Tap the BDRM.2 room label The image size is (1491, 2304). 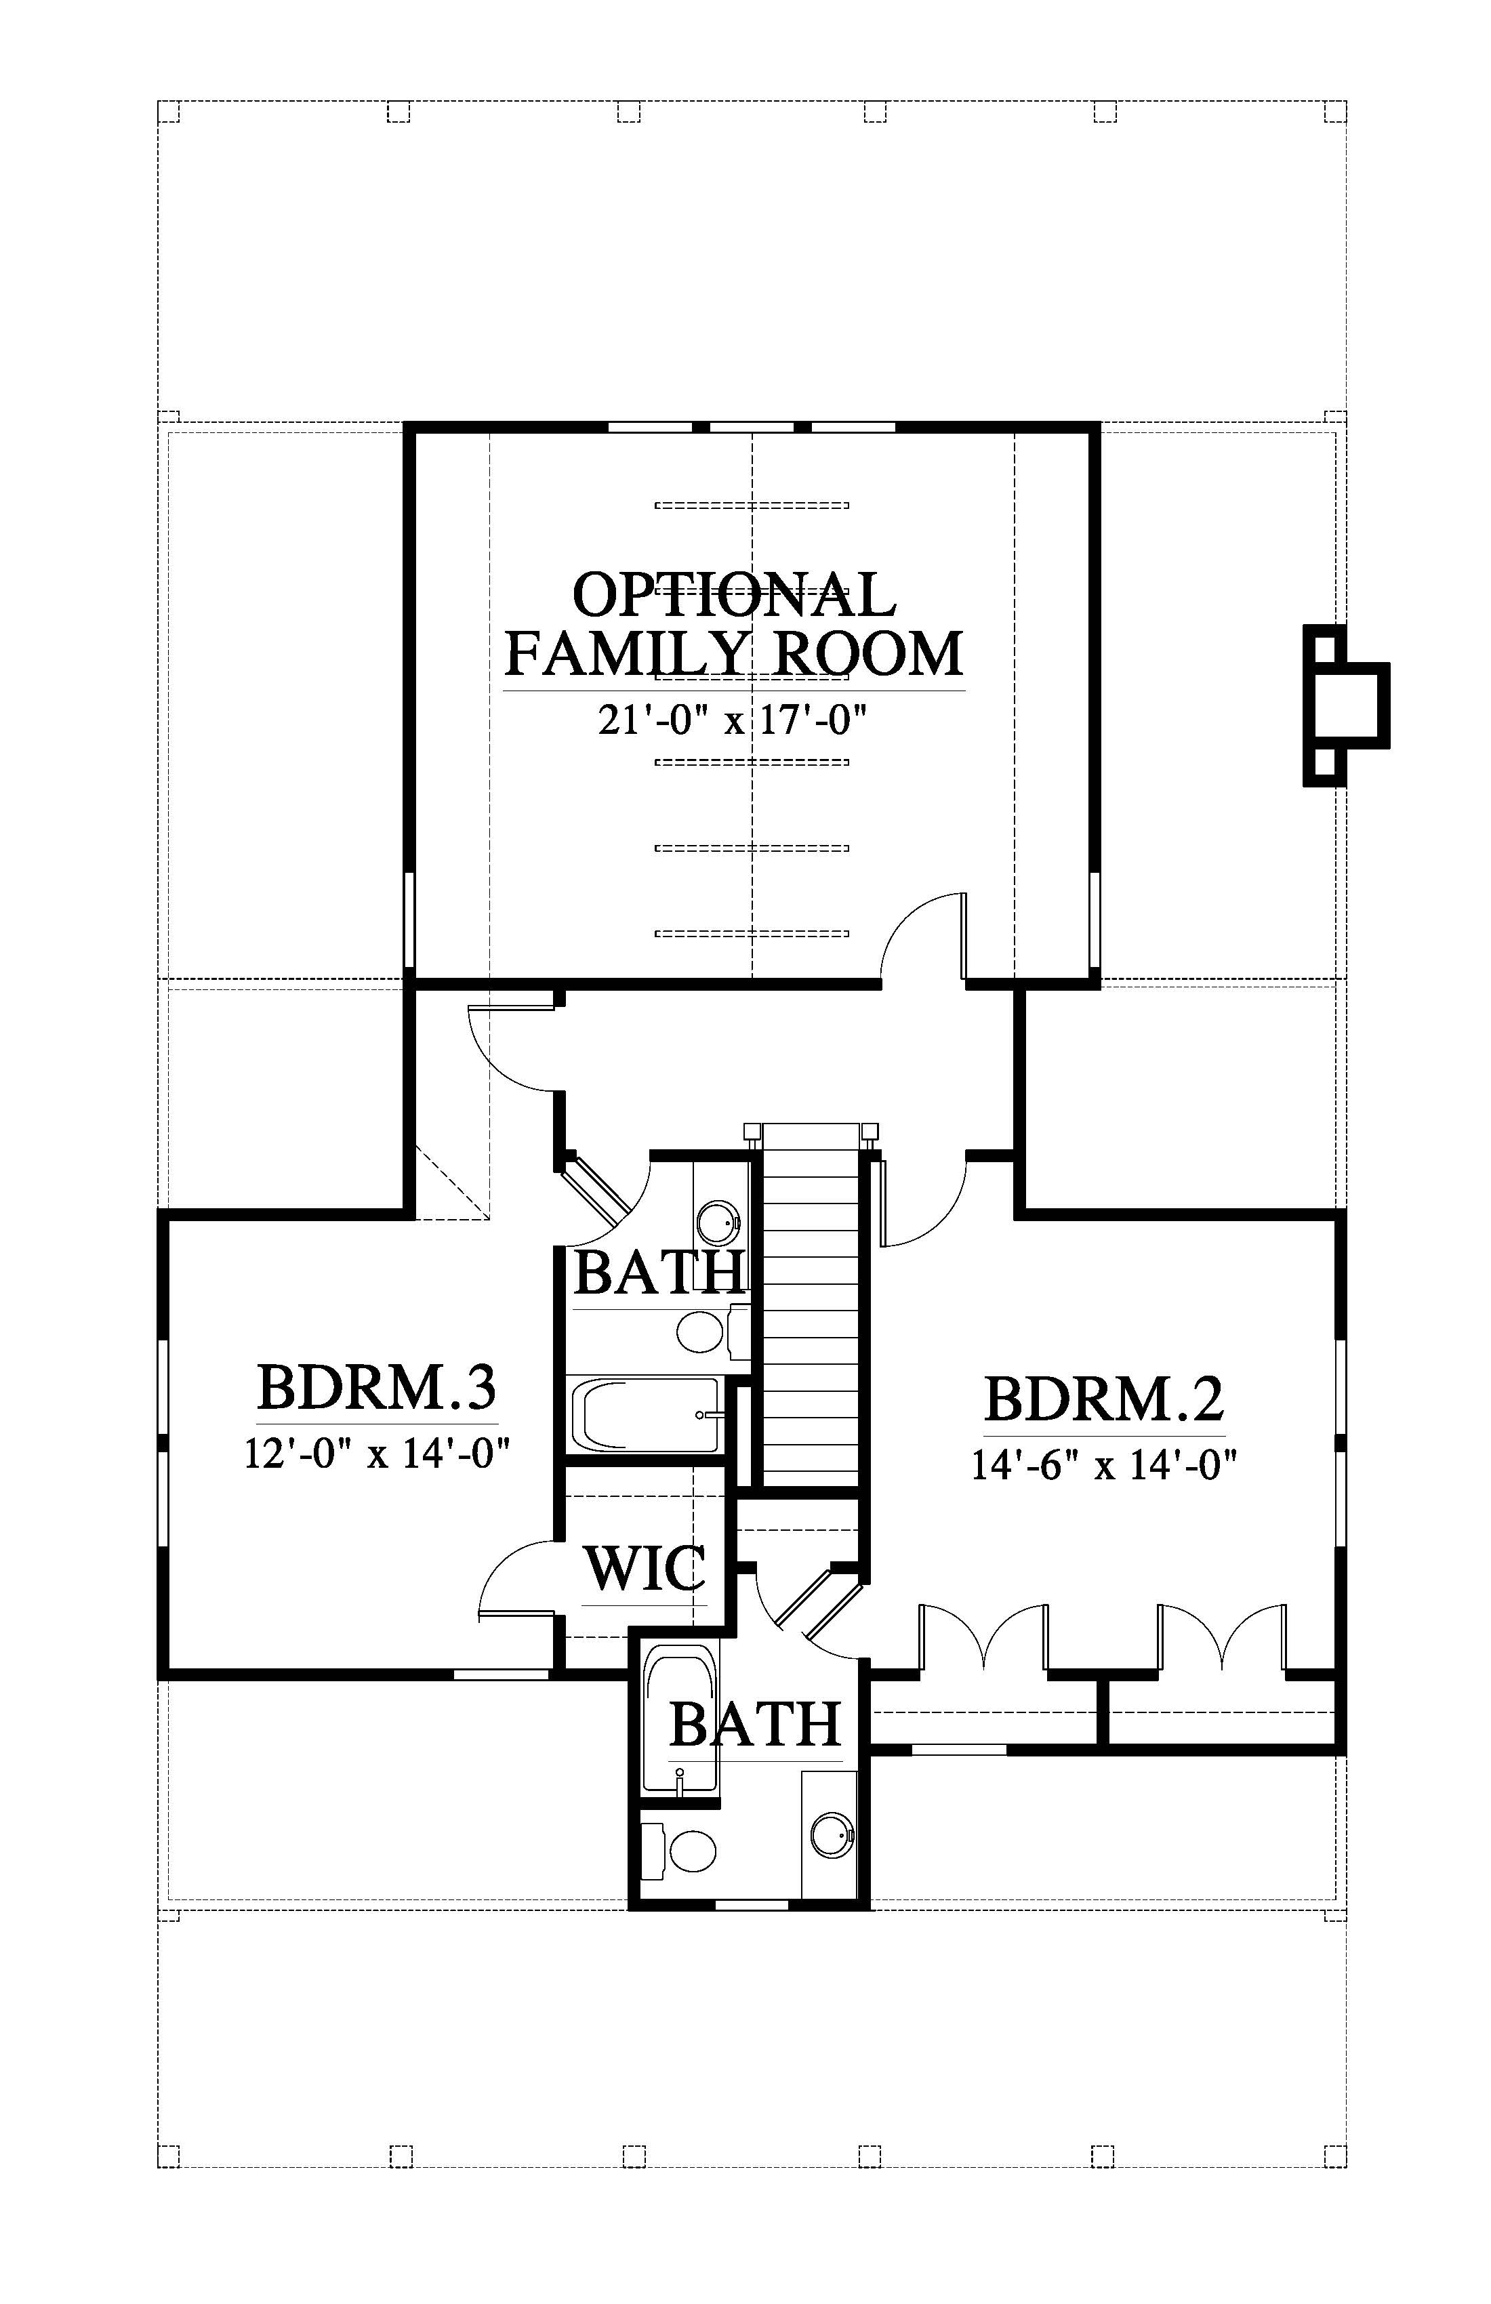pos(1105,1398)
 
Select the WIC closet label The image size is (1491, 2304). pos(645,1567)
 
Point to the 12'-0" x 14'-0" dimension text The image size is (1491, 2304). pos(377,1453)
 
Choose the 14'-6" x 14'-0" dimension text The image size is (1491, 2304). pos(1105,1464)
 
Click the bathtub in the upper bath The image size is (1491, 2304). pos(646,1414)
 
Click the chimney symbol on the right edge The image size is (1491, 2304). pos(1346,705)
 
